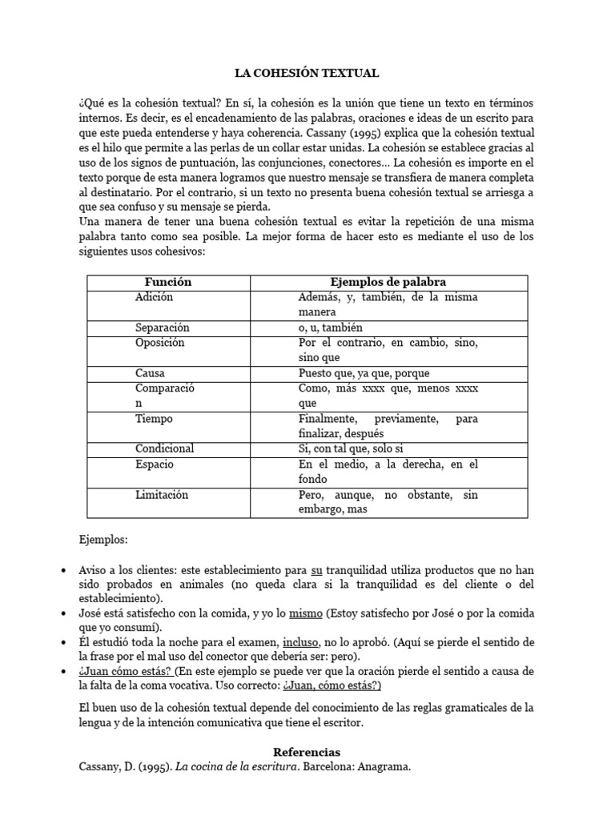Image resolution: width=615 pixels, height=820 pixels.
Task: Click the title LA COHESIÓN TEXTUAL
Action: pos(307,73)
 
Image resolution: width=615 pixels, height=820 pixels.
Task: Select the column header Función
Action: pos(168,282)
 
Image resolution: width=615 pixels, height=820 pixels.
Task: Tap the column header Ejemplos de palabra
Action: pos(388,282)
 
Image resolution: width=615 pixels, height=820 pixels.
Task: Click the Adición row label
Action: pos(155,297)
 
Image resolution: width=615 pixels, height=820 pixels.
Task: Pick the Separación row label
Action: pos(163,328)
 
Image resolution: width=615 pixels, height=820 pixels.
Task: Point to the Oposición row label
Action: pos(160,343)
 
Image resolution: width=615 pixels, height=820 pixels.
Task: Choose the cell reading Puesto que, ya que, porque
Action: pos(364,373)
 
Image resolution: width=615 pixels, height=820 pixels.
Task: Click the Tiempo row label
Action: pos(154,419)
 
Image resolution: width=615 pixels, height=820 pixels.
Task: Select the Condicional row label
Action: pos(165,448)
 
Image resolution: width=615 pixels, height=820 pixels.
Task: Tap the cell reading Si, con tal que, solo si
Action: pos(355,448)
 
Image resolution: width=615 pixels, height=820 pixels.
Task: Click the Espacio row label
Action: pos(155,464)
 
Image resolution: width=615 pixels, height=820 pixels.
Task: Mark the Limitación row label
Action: pos(163,495)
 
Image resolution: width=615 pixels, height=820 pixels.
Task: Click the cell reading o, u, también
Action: pos(331,328)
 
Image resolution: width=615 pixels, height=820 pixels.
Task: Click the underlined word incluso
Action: pos(299,642)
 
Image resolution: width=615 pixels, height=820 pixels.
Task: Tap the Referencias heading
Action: pos(307,752)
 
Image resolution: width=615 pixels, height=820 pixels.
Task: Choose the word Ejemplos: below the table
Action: pos(103,540)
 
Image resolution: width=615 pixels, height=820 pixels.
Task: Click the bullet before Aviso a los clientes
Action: pos(63,570)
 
